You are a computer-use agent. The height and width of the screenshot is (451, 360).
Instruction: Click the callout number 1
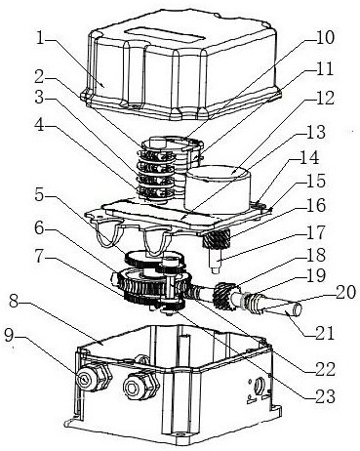(x=40, y=38)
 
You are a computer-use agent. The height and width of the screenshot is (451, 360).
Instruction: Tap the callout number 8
(x=15, y=302)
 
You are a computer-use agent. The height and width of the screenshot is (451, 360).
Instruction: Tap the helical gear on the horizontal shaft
(x=225, y=295)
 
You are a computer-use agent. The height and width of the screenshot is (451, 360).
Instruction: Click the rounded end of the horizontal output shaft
(x=297, y=309)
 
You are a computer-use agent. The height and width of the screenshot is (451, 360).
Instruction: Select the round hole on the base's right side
(x=259, y=388)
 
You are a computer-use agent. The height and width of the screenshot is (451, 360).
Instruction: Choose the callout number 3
(x=40, y=97)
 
